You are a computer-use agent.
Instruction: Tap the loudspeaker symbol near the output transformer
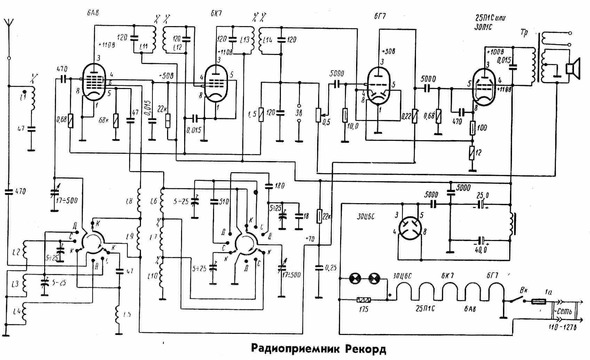coord(573,68)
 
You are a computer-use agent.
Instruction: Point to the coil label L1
coord(23,97)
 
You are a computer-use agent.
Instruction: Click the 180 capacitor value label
coord(280,186)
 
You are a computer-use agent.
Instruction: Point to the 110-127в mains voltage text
coord(563,328)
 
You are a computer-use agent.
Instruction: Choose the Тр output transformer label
coord(525,33)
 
